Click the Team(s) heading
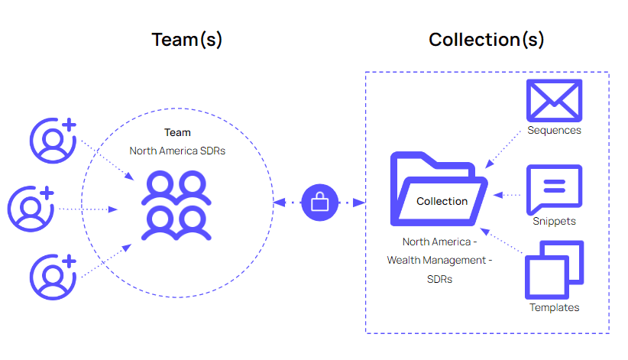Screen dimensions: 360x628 (187, 40)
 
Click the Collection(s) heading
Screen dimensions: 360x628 (487, 40)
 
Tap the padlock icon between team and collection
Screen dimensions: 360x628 (319, 203)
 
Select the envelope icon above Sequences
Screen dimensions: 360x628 (554, 100)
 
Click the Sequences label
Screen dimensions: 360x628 (554, 130)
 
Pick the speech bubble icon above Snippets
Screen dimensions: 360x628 (554, 189)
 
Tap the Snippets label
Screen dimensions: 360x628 (554, 221)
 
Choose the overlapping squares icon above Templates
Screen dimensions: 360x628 (554, 270)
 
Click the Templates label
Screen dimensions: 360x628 (554, 307)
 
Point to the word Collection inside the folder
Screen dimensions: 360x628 (442, 202)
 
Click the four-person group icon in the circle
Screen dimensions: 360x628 (175, 206)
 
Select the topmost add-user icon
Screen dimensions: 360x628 (53, 140)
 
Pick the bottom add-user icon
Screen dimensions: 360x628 (53, 276)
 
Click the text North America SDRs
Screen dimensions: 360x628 (177, 151)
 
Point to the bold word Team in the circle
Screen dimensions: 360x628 (177, 133)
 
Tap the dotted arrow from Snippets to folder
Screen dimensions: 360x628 (507, 195)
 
